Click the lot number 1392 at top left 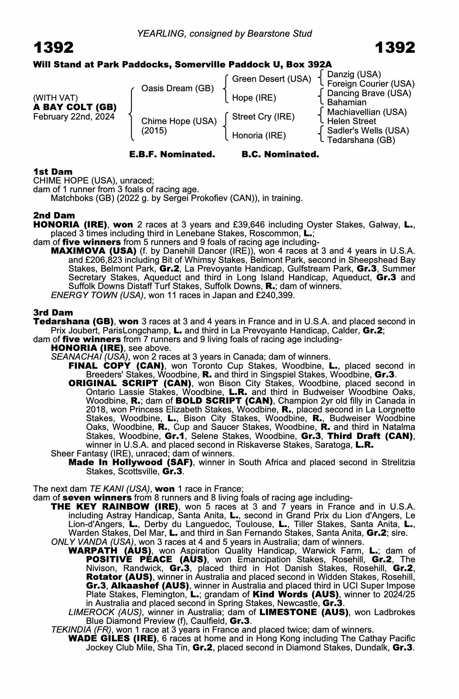coord(53,48)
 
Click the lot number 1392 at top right coord(395,48)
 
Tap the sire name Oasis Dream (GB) coord(177,88)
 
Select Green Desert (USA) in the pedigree coord(271,79)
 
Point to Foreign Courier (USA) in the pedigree coord(371,84)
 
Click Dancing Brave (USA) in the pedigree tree coord(369,93)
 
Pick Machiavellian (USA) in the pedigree coord(367,112)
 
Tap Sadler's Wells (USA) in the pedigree coord(368,131)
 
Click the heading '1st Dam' coord(53,172)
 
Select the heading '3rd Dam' coord(53,312)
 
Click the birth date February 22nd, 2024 coord(74,117)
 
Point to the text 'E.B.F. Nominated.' coord(172,154)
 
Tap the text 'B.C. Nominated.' coord(280,154)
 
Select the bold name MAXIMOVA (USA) coord(94,251)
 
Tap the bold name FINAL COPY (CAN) coord(116,366)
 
